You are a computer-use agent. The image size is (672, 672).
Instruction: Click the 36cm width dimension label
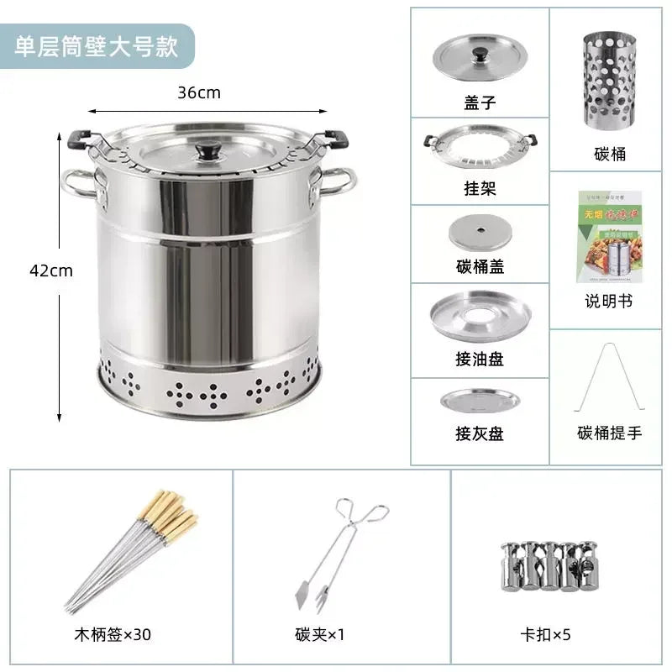click(199, 92)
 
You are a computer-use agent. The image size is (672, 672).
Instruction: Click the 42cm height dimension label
click(51, 270)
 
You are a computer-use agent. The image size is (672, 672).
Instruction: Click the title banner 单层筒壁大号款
click(97, 45)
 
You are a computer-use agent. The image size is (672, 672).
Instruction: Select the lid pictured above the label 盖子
click(479, 55)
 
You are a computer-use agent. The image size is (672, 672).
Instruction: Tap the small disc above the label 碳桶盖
click(480, 230)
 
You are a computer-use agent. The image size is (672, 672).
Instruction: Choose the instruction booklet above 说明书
click(609, 237)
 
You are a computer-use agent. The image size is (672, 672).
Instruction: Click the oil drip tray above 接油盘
click(480, 315)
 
